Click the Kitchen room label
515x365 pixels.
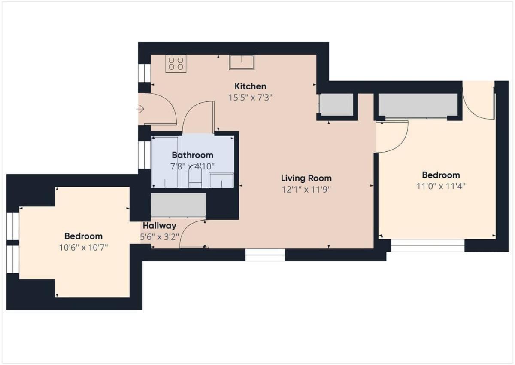250,86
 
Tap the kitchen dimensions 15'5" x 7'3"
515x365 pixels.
250,98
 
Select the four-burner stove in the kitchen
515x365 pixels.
176,64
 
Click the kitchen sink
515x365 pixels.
242,62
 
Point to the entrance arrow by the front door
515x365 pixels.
140,109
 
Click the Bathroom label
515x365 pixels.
193,155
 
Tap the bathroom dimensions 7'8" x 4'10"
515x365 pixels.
192,166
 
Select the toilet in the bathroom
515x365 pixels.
195,177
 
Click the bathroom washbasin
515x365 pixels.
221,180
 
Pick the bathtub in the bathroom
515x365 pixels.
165,162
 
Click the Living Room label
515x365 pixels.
306,178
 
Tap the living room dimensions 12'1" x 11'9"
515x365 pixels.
306,190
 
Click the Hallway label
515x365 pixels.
160,226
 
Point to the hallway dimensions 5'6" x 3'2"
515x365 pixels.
160,237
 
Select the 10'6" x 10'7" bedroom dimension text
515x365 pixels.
83,248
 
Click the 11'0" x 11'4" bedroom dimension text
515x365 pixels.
441,186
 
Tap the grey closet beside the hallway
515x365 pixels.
178,205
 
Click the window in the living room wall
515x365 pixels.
265,255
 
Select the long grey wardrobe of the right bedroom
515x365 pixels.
418,105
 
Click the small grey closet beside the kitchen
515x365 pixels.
336,104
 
